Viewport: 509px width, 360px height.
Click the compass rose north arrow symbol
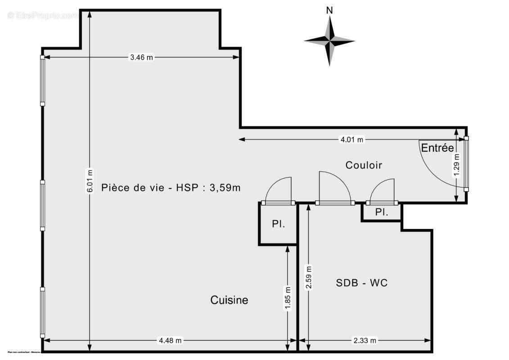pos(329,41)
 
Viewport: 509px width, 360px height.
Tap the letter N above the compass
pos(329,10)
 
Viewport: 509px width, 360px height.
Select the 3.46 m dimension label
pos(141,57)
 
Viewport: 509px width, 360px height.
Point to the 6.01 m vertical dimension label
pos(90,181)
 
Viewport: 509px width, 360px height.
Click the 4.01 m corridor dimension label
pos(351,139)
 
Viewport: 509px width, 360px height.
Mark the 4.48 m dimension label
pos(170,341)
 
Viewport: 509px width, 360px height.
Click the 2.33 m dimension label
pos(365,341)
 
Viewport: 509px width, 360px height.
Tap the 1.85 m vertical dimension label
pos(288,298)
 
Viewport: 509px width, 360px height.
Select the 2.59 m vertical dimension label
pos(308,278)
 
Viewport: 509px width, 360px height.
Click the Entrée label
pos(437,148)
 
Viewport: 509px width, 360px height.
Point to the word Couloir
pos(364,165)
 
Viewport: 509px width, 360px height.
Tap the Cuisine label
pos(229,300)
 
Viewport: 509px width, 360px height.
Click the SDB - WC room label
pos(362,283)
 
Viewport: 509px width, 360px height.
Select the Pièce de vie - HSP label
pos(171,188)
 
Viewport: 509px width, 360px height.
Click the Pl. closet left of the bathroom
pos(278,224)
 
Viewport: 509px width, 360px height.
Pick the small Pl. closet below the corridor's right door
pos(382,212)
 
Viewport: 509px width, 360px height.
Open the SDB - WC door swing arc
pos(334,187)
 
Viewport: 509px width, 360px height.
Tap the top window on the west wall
pos(42,81)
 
